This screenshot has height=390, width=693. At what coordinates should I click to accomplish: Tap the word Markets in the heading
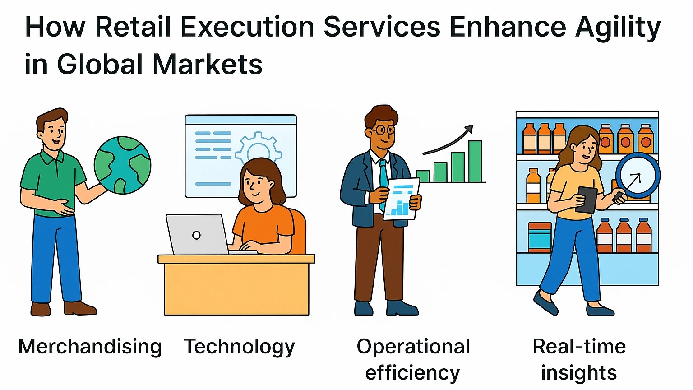(207, 65)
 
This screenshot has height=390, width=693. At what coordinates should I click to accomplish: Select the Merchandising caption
(90, 347)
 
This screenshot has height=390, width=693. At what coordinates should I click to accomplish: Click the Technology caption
(239, 347)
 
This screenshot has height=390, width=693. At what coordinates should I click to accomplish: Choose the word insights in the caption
(579, 372)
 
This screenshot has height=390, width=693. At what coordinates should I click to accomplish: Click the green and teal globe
(123, 165)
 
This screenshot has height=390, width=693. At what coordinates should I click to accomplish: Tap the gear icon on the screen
(259, 149)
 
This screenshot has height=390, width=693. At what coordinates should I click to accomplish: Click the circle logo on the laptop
(196, 235)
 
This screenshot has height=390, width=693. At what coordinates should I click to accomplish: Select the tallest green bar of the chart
(475, 161)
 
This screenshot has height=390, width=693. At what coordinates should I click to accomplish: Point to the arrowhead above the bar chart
(470, 129)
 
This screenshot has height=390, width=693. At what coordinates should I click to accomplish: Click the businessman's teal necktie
(383, 183)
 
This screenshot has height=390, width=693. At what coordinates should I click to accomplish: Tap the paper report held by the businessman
(401, 199)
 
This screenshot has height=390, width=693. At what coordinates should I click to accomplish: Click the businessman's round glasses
(382, 130)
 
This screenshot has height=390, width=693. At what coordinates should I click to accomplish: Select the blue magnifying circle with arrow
(638, 176)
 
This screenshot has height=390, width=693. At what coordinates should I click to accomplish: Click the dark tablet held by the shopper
(586, 200)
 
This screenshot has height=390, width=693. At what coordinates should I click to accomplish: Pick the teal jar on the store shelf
(540, 238)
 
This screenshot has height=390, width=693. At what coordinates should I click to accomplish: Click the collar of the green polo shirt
(51, 156)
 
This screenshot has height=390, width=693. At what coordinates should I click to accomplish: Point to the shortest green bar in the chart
(423, 176)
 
